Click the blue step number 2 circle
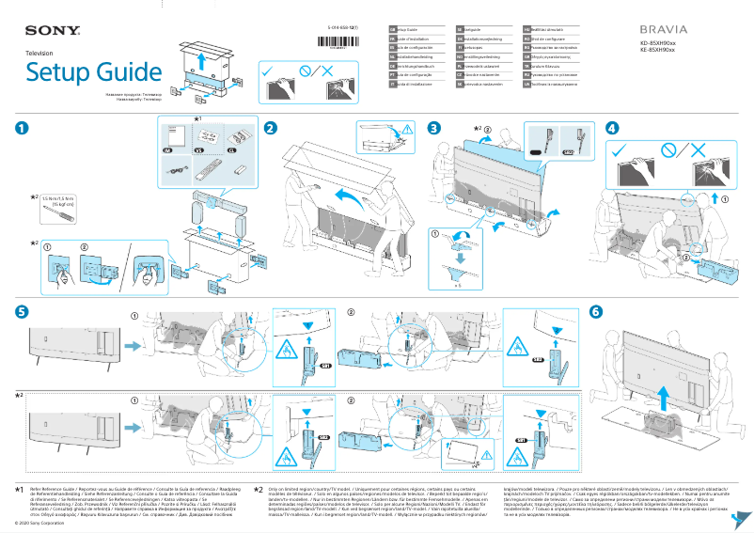(x=270, y=128)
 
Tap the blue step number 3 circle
(x=433, y=128)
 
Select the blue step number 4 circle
(x=612, y=128)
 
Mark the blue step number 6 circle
(x=593, y=311)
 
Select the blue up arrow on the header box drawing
(x=200, y=58)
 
